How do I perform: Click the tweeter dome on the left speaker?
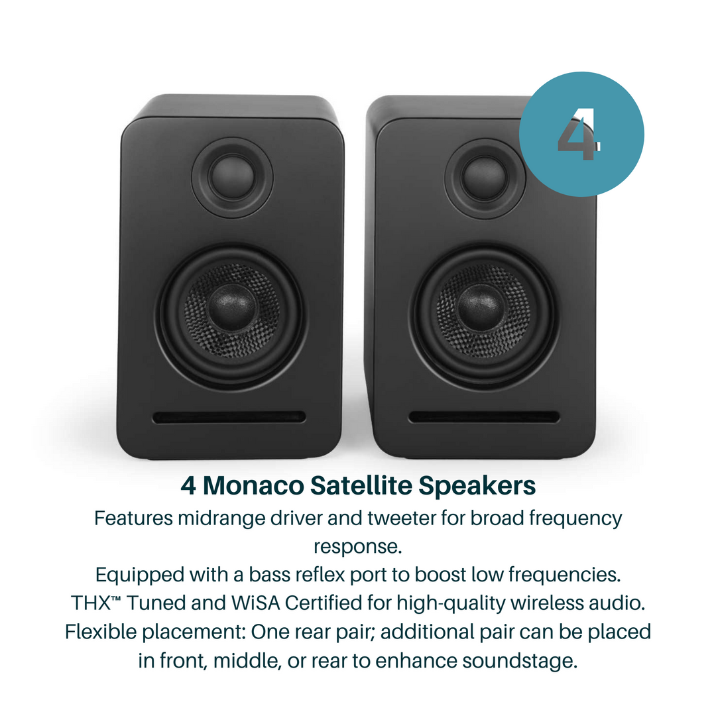coord(232,175)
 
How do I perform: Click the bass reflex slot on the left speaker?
coord(229,417)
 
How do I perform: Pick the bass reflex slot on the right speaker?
coord(483,417)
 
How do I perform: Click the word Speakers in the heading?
coord(477,486)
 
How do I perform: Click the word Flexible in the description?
coord(98,631)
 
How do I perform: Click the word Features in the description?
coord(133,518)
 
